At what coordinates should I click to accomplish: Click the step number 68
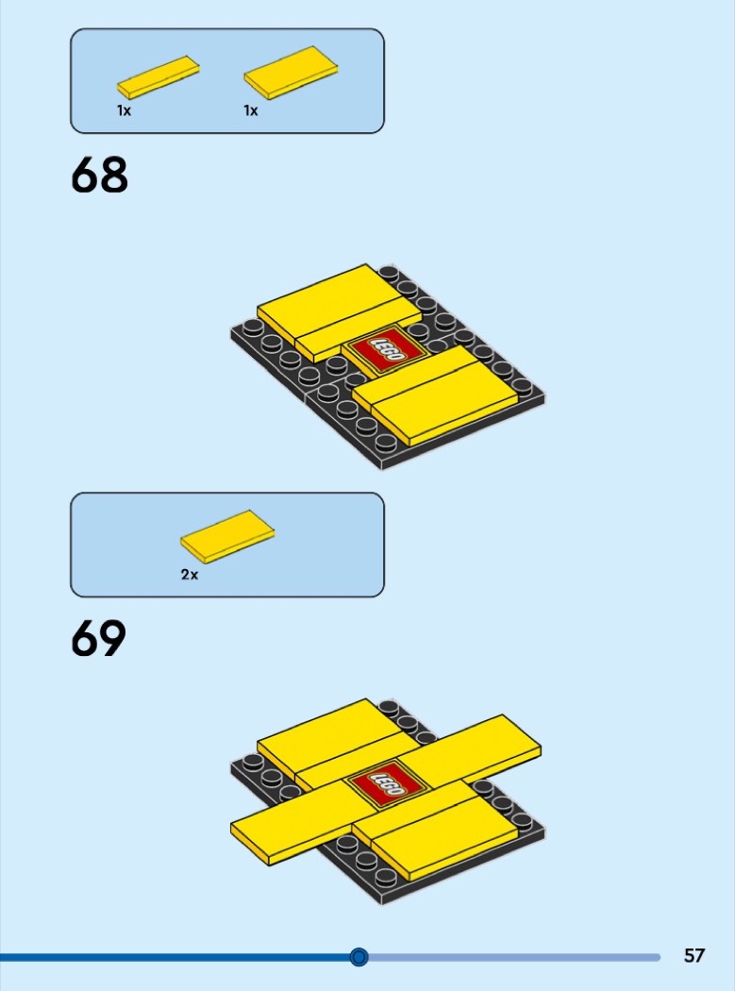tap(99, 175)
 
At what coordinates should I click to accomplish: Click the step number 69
tap(98, 638)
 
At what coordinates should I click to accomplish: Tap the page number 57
tap(693, 955)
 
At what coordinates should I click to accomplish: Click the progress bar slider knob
tap(359, 957)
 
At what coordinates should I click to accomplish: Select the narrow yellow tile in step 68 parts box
tap(158, 77)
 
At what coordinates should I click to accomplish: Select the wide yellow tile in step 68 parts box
tap(291, 73)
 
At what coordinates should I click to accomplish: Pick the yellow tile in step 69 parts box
tap(227, 537)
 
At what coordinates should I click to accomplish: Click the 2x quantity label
tap(189, 575)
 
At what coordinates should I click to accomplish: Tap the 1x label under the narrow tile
tap(124, 110)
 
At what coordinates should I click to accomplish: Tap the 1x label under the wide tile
tap(251, 110)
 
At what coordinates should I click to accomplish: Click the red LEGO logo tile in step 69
tap(386, 784)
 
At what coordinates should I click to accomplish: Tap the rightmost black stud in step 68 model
tap(522, 385)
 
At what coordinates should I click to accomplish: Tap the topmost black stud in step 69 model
tap(389, 708)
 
